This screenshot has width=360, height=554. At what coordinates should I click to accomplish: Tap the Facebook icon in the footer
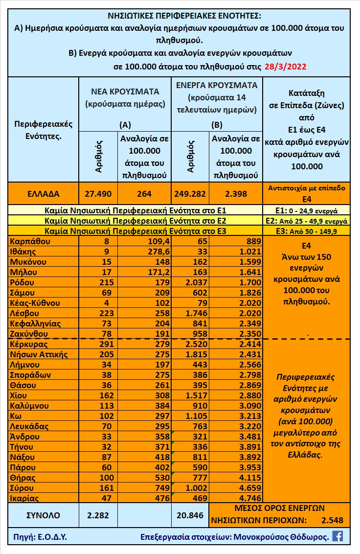pyautogui.click(x=337, y=536)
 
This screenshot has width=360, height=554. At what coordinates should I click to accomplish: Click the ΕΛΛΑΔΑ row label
pyautogui.click(x=41, y=193)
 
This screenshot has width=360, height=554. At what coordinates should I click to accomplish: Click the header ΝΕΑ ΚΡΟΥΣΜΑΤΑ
pyautogui.click(x=125, y=91)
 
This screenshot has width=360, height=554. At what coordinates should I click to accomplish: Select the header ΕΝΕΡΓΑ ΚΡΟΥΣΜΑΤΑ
pyautogui.click(x=216, y=85)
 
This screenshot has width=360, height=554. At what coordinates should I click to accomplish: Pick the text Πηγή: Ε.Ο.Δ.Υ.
pyautogui.click(x=38, y=536)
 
